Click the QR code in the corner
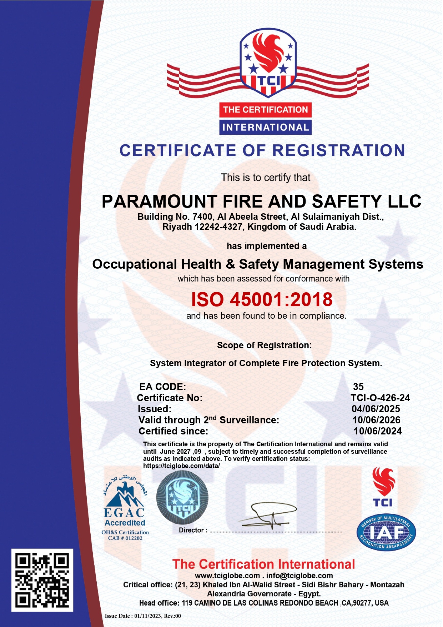click(42, 580)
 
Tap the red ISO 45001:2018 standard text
click(262, 299)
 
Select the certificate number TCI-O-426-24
click(380, 398)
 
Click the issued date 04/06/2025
click(376, 409)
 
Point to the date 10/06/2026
click(376, 420)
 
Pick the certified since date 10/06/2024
click(377, 431)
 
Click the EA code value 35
click(358, 387)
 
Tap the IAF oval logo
click(386, 533)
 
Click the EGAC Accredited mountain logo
click(124, 500)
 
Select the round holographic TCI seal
click(182, 497)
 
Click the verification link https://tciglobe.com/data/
click(181, 466)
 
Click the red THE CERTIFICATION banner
click(265, 110)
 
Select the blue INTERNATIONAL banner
click(265, 127)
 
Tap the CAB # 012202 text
click(125, 538)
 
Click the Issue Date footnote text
click(143, 616)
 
